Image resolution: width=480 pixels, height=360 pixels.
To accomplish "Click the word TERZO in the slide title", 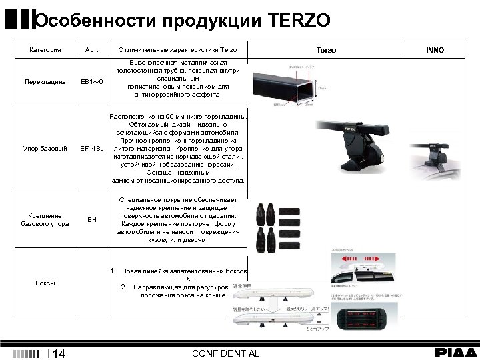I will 299,21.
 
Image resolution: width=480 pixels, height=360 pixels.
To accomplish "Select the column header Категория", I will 45,50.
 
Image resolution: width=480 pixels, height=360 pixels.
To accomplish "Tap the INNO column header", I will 435,50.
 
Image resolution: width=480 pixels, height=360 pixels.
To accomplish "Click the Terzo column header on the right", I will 326,50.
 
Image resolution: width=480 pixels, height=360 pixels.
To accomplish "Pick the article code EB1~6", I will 91,82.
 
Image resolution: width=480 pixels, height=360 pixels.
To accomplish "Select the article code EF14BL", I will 91,148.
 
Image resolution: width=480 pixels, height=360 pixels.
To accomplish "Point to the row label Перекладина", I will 45,82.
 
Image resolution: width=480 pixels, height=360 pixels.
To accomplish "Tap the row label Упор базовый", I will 45,148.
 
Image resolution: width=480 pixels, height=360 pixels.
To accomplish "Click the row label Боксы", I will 45,283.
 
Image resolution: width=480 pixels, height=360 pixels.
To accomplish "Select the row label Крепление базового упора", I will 45,219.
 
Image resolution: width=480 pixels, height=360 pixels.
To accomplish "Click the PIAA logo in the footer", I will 456,352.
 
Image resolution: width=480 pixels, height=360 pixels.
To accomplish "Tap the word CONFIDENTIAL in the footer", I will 225,353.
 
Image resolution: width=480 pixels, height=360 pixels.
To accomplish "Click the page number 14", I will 58,354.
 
